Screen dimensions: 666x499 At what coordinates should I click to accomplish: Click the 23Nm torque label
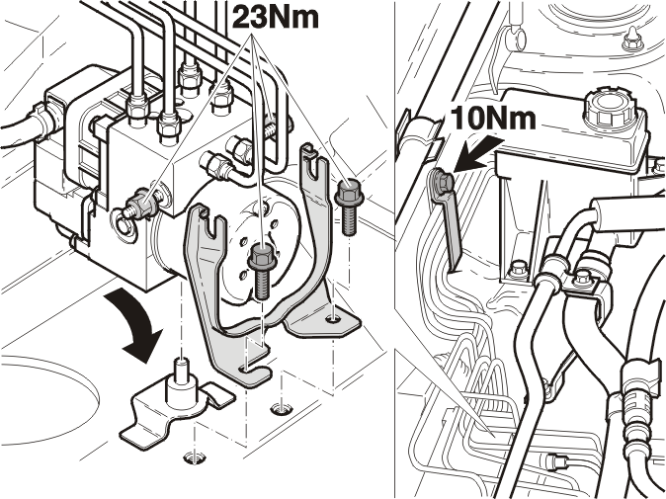point(276,17)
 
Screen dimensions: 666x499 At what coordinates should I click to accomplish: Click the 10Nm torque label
point(493,118)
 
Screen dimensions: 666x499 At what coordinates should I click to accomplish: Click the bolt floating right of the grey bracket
point(349,207)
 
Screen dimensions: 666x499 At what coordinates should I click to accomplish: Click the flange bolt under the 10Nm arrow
point(442,181)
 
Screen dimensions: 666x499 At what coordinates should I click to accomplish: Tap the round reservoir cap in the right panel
point(610,108)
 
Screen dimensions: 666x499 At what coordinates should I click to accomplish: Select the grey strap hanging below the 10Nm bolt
point(451,229)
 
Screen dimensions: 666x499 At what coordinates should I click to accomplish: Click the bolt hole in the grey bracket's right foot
point(332,318)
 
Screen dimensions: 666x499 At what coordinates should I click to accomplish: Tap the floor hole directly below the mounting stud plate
point(195,457)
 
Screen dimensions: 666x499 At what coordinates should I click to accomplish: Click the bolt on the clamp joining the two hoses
point(583,280)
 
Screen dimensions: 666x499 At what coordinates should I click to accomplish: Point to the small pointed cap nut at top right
point(633,40)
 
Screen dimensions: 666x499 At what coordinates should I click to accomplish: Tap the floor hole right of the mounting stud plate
point(282,409)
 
